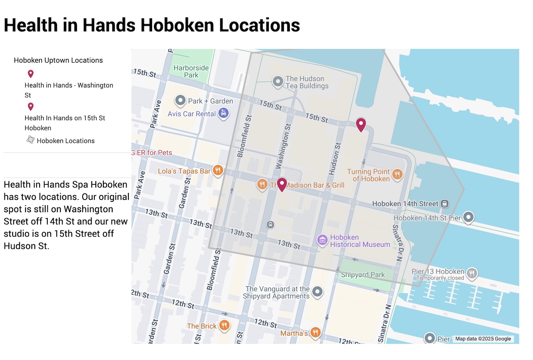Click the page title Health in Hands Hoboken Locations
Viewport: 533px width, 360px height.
[152, 25]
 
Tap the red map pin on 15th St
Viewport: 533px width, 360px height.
[361, 124]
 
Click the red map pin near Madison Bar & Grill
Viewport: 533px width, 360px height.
[282, 184]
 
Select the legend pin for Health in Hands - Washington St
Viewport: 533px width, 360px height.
[31, 74]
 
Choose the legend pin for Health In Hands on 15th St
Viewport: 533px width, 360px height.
[31, 107]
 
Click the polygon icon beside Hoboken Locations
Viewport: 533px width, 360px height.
[31, 140]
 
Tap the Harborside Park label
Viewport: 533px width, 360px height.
[191, 71]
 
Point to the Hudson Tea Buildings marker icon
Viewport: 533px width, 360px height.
[278, 81]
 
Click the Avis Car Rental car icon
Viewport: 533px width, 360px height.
[223, 113]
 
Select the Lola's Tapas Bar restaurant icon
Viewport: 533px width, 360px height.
[218, 170]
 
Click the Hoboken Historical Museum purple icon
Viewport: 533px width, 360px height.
[322, 240]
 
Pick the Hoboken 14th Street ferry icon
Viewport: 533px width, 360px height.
[445, 203]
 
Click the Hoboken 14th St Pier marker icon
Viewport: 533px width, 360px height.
[469, 217]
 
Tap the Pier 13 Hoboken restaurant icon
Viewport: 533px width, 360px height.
[472, 273]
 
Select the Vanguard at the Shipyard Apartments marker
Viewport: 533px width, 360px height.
[317, 291]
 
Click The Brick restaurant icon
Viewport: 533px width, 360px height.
[224, 325]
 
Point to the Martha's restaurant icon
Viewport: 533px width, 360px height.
[315, 332]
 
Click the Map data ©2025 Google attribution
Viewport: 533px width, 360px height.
[483, 339]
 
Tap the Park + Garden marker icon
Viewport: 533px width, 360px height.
[180, 100]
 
